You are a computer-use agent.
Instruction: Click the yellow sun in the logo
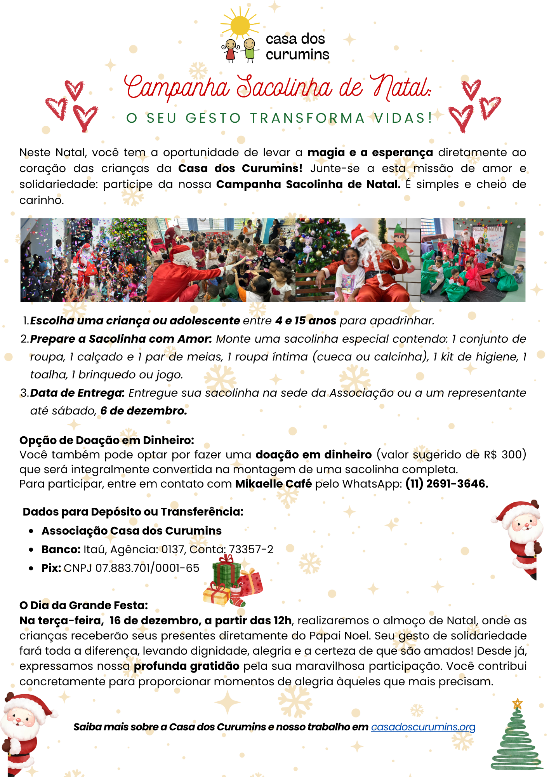[240, 25]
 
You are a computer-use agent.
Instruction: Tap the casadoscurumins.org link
[423, 727]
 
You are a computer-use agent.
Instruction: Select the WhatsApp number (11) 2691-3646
[446, 484]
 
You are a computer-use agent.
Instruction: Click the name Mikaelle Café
[273, 484]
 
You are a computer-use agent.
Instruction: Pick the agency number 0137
[172, 549]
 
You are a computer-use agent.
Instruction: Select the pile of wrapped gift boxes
[232, 581]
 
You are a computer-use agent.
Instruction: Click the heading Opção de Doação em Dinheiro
[107, 440]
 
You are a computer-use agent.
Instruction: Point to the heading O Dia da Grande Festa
[83, 605]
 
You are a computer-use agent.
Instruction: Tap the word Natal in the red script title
[400, 87]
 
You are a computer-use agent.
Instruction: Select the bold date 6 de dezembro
[144, 411]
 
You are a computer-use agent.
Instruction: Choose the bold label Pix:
[51, 568]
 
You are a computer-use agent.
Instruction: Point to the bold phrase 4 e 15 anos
[306, 321]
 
